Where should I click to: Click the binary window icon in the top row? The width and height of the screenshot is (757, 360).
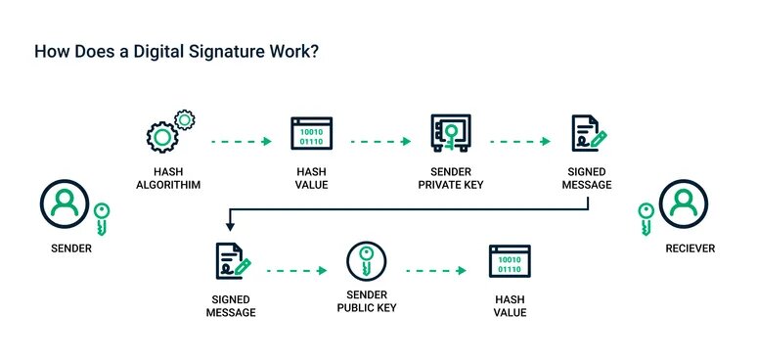tap(310, 134)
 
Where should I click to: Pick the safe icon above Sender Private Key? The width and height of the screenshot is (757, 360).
tap(451, 134)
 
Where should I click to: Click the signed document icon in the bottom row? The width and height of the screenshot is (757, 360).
tap(231, 263)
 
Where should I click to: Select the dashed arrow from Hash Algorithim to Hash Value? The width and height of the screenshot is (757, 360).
tap(240, 142)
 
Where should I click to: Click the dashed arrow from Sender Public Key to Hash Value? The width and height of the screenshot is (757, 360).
tap(436, 269)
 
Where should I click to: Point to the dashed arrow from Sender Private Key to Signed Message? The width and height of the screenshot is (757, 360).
tap(519, 142)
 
